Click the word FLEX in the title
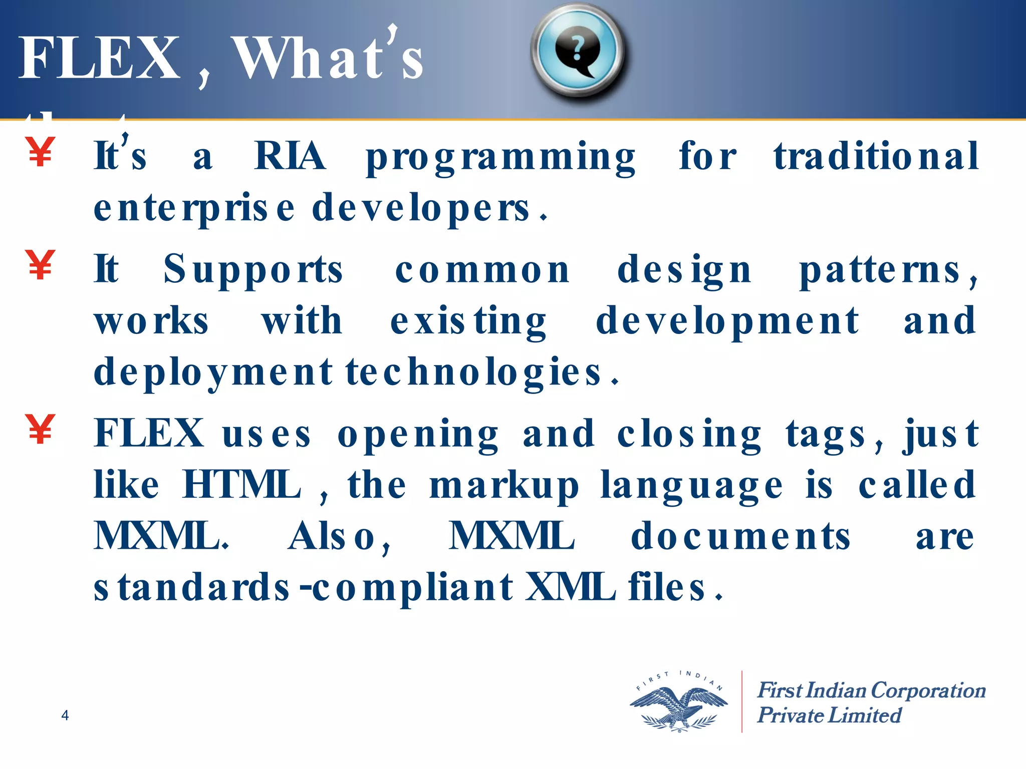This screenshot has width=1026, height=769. (99, 59)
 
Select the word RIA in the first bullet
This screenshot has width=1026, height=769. (290, 156)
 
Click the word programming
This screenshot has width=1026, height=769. (500, 158)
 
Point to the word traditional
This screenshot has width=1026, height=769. (876, 156)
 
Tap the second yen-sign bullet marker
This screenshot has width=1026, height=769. (40, 265)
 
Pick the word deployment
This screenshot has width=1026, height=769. (213, 373)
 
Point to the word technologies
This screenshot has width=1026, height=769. (473, 373)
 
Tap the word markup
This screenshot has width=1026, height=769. (503, 487)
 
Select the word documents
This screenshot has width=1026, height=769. (740, 536)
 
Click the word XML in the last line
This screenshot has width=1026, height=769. (570, 587)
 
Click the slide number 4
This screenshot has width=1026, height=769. (65, 715)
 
